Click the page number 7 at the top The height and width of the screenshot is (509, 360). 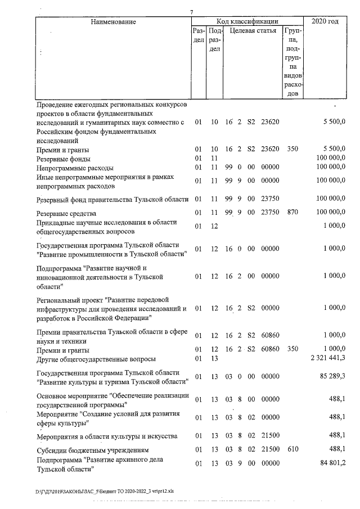192,12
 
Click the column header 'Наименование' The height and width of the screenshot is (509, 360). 111,21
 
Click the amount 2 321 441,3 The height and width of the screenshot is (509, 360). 325,358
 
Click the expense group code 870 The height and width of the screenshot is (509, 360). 292,213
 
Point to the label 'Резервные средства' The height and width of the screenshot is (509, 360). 66,213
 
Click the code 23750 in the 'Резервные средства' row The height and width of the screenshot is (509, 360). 270,213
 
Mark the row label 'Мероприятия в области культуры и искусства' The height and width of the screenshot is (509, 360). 107,436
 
